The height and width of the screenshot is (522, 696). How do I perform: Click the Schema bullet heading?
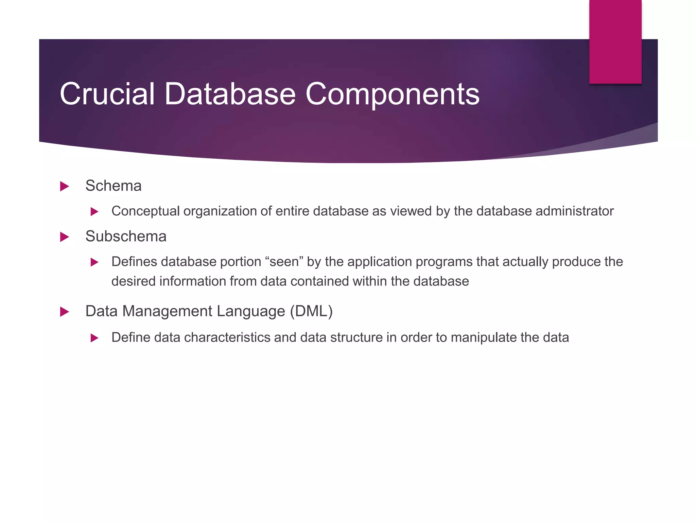pos(113,186)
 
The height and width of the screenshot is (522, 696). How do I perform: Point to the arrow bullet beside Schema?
pos(64,186)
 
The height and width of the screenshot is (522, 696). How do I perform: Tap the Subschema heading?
pos(126,237)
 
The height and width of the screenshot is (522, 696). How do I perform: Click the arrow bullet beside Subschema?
pos(64,237)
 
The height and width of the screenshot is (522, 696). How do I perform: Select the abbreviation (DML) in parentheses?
pos(311,311)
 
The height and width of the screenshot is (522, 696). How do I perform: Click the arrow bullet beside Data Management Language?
pos(64,312)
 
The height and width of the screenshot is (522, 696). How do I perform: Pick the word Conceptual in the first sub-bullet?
pos(145,211)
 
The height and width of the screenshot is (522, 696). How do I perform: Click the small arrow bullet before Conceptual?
pos(94,212)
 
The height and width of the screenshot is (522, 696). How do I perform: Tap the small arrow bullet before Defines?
pos(94,262)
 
